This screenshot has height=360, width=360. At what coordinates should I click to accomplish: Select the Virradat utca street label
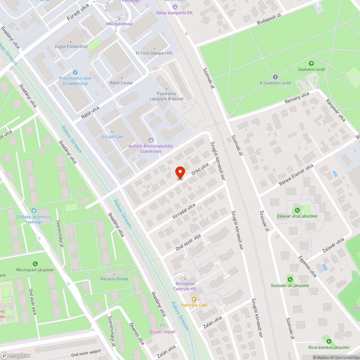[x=184, y=211]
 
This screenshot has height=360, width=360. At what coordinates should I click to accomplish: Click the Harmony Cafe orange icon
[x=194, y=299]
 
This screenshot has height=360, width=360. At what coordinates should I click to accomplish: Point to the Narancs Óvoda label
[x=114, y=279]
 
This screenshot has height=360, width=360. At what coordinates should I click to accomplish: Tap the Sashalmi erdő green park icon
[x=311, y=63]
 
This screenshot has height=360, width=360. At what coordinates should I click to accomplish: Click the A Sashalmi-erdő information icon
[x=275, y=77]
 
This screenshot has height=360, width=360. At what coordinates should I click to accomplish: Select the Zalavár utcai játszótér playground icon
[x=297, y=210]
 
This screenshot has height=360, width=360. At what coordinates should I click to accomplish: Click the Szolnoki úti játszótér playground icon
[x=290, y=279]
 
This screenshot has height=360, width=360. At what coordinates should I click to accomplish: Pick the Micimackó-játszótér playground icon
[x=35, y=264]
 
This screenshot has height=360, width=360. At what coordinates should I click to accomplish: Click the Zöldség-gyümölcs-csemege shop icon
[x=34, y=210]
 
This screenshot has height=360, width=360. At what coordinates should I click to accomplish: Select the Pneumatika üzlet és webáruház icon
[x=75, y=72]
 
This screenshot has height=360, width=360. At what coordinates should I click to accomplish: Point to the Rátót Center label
[x=121, y=83]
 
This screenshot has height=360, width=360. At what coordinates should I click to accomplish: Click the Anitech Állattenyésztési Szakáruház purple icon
[x=150, y=140]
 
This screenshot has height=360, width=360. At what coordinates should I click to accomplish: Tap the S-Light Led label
[x=112, y=136]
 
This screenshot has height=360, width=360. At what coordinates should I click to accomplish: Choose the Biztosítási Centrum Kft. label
[x=185, y=286]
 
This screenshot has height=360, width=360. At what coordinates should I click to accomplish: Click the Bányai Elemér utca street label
[x=296, y=175]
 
